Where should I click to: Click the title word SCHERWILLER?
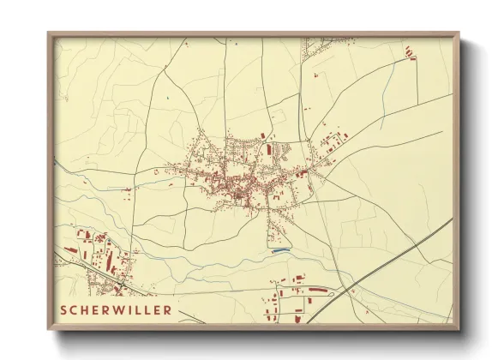coord(116,309)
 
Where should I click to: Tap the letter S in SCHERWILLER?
coord(64,309)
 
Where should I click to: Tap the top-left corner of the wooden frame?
coord(49,33)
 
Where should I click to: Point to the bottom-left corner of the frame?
coord(49,328)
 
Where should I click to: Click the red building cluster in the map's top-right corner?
coord(411,54)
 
